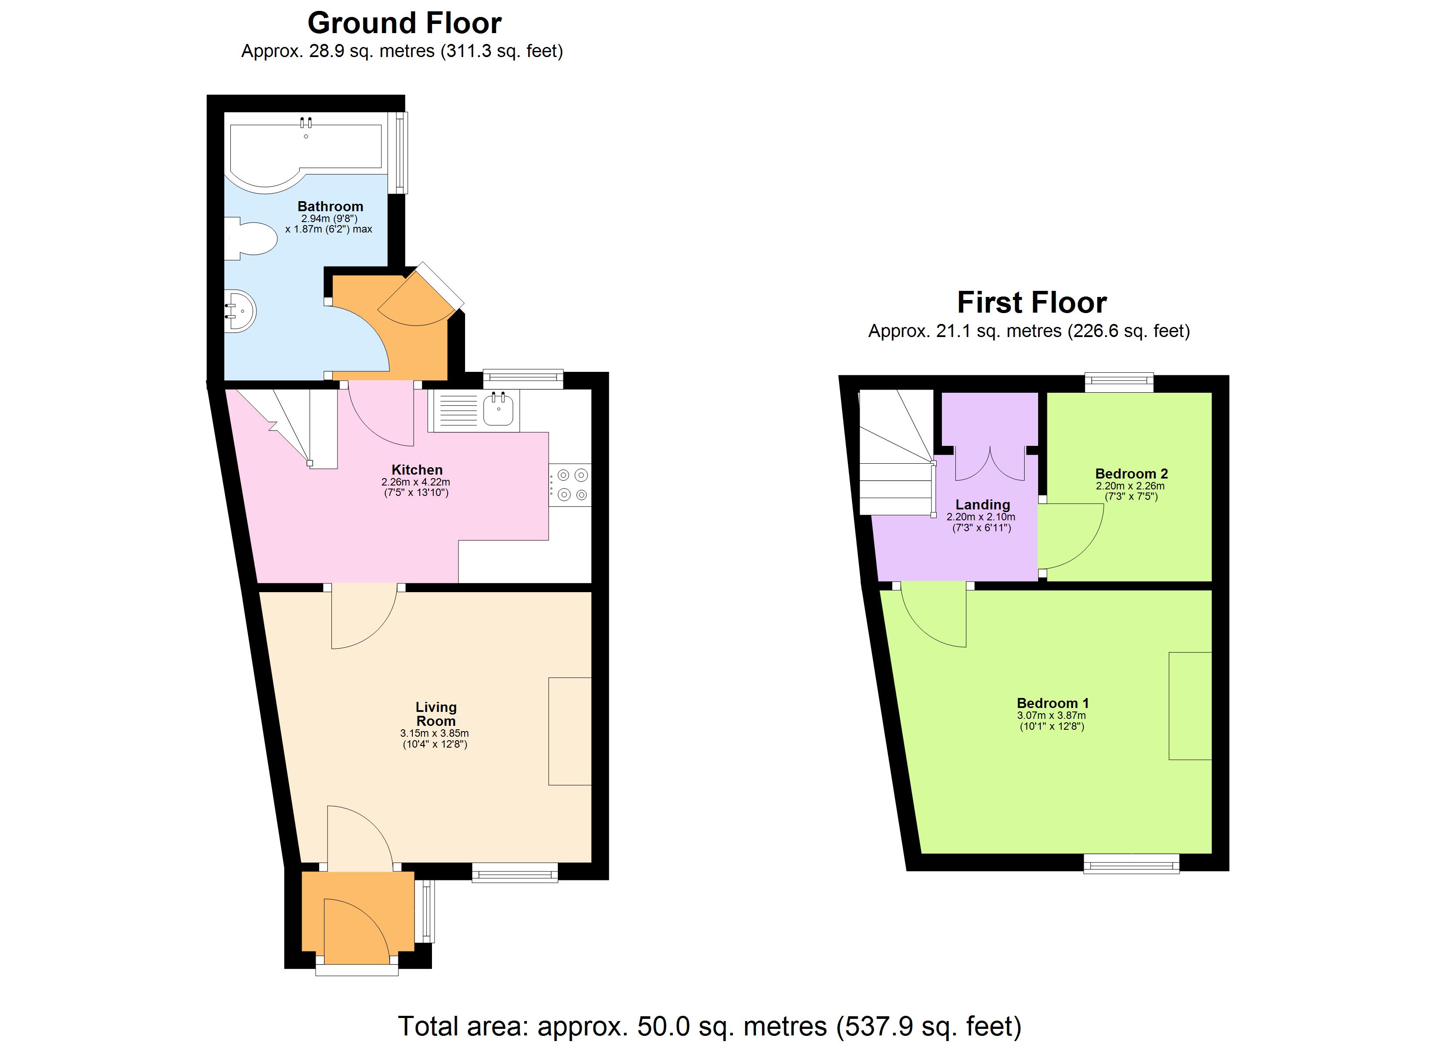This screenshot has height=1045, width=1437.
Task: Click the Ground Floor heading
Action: pos(404,24)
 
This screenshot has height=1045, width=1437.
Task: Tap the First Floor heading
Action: pos(1032,303)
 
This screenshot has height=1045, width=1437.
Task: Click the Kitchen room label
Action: pos(417,469)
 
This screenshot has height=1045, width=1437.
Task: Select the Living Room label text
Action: pos(436,714)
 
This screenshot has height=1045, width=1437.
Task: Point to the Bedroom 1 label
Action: pos(1052,703)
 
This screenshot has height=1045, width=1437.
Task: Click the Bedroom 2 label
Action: pos(1131,473)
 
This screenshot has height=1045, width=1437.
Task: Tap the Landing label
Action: pos(983,505)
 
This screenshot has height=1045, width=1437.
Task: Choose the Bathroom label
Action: pos(330,206)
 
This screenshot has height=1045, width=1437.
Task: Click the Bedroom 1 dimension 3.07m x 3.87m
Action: pos(1052,715)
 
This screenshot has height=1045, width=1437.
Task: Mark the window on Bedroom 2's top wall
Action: pos(1119,381)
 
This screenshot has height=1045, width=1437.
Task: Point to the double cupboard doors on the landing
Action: pos(990,462)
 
